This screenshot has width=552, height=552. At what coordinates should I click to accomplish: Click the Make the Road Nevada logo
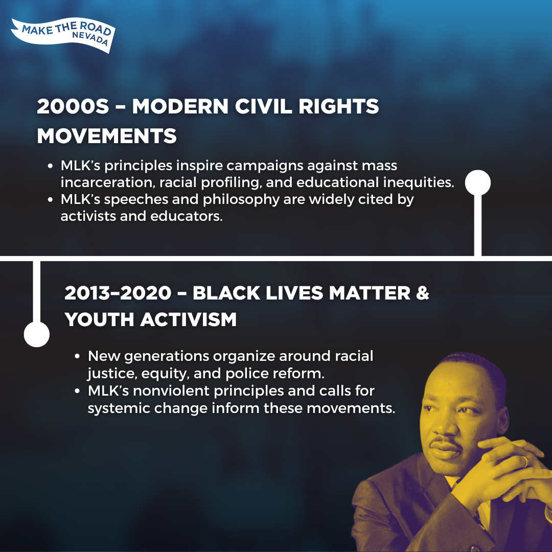point(63,35)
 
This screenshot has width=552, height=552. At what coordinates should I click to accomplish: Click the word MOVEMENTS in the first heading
point(107,136)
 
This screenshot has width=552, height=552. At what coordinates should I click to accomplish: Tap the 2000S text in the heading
point(73,106)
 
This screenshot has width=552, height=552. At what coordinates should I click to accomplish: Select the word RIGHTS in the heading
point(339,106)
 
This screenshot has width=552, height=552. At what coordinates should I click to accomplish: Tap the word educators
point(187,216)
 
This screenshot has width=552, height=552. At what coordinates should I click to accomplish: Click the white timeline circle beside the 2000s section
point(478,182)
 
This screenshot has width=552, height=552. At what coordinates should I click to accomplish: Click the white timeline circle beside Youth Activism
point(37,334)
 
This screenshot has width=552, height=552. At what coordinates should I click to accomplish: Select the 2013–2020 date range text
point(118,293)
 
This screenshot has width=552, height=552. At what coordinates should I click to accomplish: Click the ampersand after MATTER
point(423,293)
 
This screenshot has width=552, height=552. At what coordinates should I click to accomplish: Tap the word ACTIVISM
point(188,319)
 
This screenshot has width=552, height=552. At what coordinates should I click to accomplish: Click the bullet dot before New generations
point(78,356)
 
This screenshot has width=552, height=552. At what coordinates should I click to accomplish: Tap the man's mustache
point(446,441)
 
